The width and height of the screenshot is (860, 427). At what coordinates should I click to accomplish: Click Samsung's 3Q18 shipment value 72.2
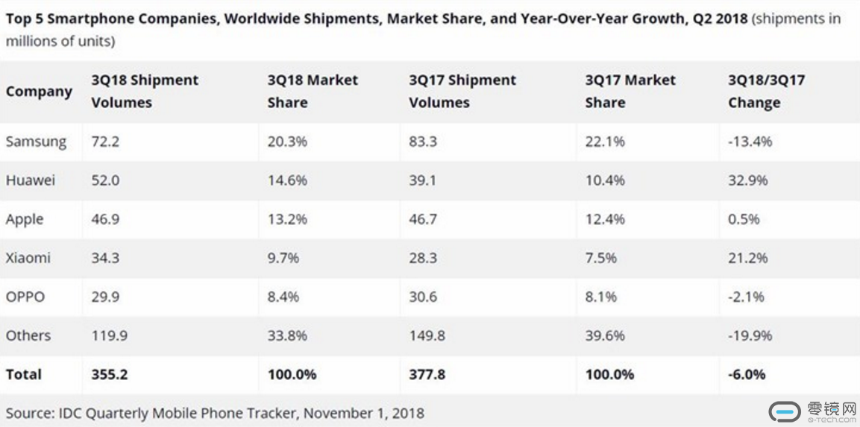pos(105,142)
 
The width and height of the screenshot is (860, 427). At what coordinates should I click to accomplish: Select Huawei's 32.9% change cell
pos(747,180)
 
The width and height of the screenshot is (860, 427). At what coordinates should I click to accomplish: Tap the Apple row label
pos(25,219)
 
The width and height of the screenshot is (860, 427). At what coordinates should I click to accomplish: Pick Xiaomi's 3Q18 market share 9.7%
pos(283,258)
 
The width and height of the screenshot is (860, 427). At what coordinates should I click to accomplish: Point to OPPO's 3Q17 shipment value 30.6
pos(423,297)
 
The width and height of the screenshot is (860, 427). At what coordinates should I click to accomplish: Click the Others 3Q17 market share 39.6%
pos(605,335)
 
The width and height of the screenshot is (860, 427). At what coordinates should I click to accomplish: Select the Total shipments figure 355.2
pos(110,374)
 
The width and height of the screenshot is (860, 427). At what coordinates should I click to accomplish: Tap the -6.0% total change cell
pos(747,374)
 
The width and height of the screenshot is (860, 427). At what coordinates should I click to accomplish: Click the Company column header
pos(39,92)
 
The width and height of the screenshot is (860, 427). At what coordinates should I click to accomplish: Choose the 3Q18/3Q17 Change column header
pos(766,91)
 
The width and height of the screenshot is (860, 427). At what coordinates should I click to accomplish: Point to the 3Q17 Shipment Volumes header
pos(462,91)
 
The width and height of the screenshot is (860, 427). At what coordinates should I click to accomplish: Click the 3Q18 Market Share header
pos(313,91)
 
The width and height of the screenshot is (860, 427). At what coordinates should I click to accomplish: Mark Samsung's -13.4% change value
pos(750,142)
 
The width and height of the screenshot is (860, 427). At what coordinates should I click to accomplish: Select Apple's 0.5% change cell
pos(744,219)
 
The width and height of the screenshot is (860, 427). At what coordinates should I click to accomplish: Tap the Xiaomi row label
pos(28,258)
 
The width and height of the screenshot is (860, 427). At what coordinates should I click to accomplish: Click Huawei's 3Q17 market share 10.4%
pos(605,180)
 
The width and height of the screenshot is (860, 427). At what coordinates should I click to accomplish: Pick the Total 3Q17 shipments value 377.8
pos(427,374)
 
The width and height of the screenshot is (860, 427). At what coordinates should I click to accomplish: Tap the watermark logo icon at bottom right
pos(784,411)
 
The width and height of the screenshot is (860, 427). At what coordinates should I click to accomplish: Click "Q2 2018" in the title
pos(719,18)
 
